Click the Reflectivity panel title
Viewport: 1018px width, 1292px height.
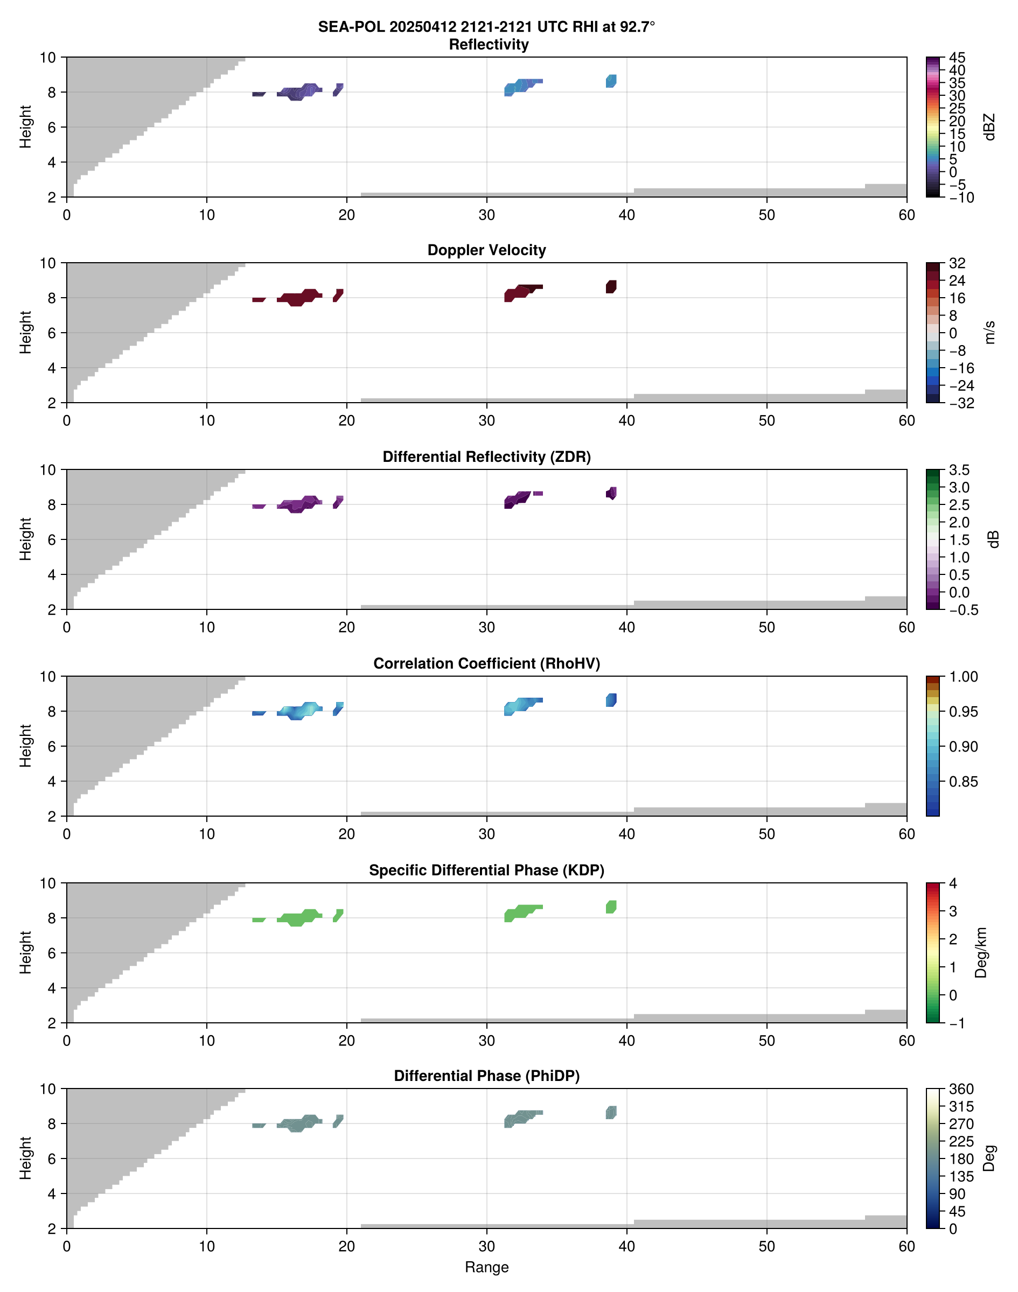point(488,45)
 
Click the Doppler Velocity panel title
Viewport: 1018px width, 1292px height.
point(486,250)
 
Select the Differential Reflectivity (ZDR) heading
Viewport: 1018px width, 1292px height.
point(486,457)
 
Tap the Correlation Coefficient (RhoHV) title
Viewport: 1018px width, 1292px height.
point(486,664)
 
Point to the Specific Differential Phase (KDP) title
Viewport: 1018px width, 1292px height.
point(486,870)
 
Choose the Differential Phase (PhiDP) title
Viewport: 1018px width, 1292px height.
point(486,1076)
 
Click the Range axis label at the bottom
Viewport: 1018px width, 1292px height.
point(486,1267)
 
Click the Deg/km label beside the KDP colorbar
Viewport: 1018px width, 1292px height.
point(981,952)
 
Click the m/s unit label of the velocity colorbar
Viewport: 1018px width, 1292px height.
point(990,332)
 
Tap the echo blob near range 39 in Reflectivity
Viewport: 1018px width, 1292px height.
point(611,81)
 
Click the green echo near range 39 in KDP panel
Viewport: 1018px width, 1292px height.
point(611,907)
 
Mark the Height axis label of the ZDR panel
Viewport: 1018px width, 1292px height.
point(25,539)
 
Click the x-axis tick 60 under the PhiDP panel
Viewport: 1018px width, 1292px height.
point(906,1246)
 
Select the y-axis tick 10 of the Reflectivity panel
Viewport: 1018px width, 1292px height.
point(48,58)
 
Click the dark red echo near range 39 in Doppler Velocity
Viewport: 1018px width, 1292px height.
point(611,286)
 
